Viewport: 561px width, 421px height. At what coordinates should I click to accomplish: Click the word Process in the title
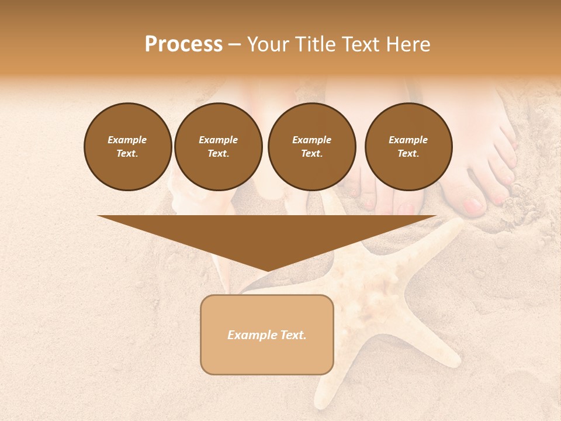(x=183, y=44)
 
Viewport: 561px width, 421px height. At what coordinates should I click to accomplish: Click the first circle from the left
(x=127, y=147)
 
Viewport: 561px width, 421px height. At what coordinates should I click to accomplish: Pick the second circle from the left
(x=218, y=147)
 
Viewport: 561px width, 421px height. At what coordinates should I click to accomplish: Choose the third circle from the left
(x=311, y=147)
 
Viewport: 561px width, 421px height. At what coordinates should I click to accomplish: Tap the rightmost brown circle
(x=408, y=147)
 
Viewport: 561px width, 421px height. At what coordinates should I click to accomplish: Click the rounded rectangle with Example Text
(x=267, y=334)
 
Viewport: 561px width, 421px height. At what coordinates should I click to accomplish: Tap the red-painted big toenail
(x=472, y=205)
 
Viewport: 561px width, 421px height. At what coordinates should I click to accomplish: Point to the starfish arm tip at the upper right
(x=455, y=226)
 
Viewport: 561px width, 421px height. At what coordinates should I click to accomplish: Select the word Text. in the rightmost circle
(x=408, y=154)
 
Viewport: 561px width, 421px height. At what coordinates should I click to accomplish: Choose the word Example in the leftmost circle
(x=127, y=140)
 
